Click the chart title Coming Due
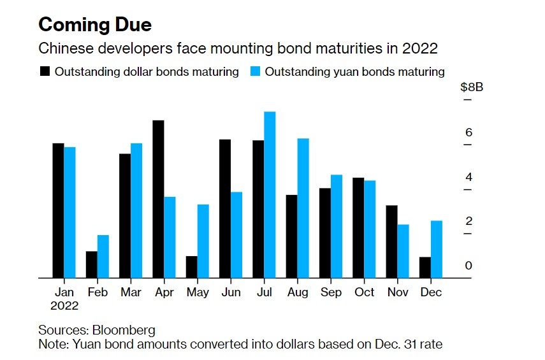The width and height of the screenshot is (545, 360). [x=95, y=25]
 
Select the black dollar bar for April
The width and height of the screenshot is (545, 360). [x=159, y=199]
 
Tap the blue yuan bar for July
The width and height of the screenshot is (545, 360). [x=270, y=195]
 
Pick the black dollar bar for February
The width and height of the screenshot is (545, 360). [x=92, y=264]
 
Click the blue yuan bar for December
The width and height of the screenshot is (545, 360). [x=437, y=249]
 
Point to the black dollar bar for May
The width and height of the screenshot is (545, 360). [x=192, y=267]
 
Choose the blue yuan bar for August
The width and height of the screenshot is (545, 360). [x=303, y=208]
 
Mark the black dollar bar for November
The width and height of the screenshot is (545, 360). [x=391, y=241]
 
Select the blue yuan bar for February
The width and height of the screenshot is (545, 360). [x=103, y=256]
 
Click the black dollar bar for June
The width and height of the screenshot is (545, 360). [x=225, y=208]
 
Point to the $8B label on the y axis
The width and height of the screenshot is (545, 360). [x=472, y=88]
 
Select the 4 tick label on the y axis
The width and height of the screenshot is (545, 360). [x=469, y=177]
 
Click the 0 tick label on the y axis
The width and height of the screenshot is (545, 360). [x=469, y=266]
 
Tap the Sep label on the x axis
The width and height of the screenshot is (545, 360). [x=330, y=292]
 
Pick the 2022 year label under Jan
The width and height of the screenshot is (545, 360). [x=64, y=306]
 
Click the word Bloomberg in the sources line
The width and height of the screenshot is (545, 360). [x=124, y=330]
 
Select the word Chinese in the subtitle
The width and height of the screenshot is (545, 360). [x=62, y=48]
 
